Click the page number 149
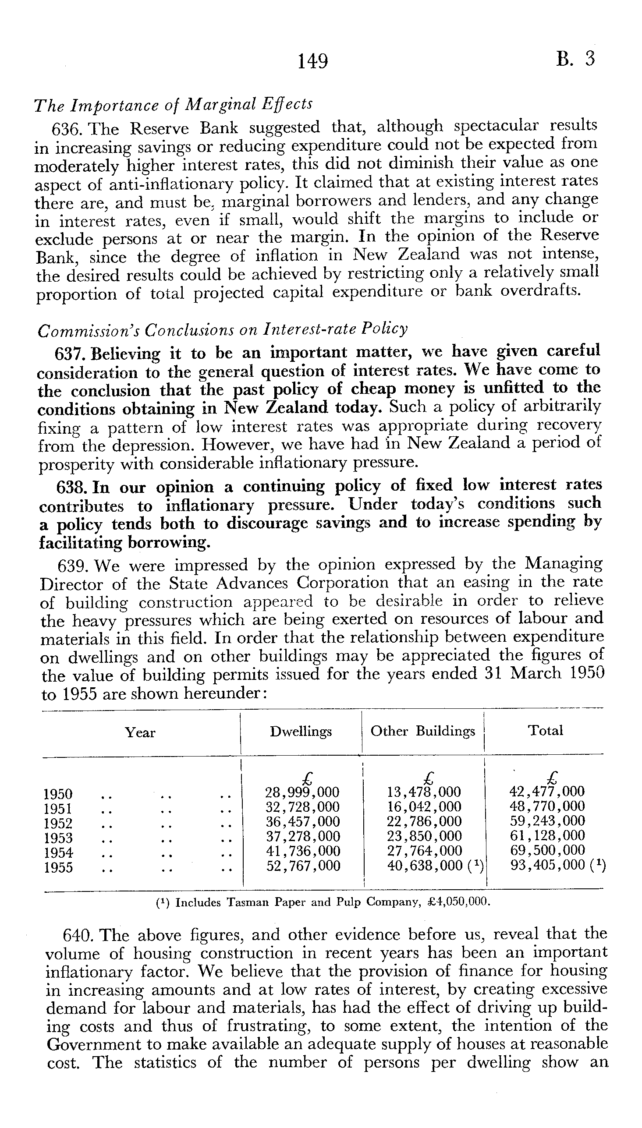[x=312, y=61]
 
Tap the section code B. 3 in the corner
[x=575, y=59]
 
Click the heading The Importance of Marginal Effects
[x=173, y=104]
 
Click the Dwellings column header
[x=301, y=732]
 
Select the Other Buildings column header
[x=422, y=732]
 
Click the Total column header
[x=545, y=731]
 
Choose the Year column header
[x=140, y=732]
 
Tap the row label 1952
[x=58, y=823]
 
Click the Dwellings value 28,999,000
[x=302, y=792]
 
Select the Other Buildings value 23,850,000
[x=424, y=836]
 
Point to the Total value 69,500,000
[x=547, y=850]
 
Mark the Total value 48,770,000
[x=547, y=806]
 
